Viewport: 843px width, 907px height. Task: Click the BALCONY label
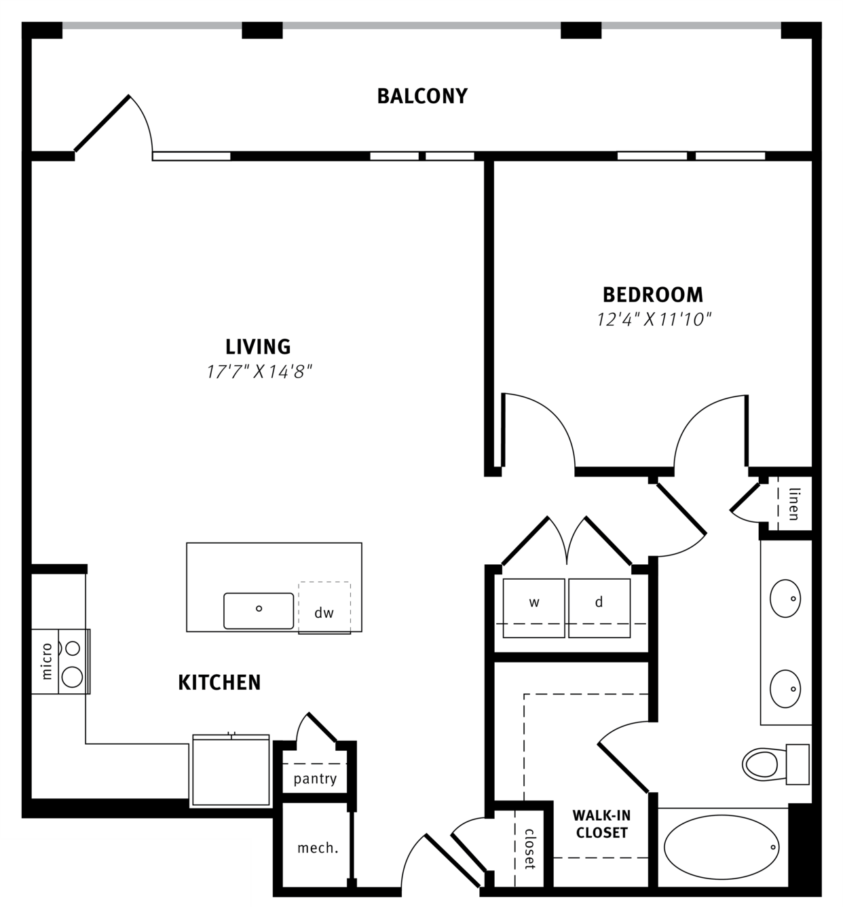[x=422, y=96]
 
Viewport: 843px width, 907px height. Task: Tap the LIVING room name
[x=258, y=347]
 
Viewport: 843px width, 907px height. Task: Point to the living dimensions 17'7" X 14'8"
[x=259, y=372]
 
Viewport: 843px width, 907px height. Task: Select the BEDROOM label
[x=652, y=295]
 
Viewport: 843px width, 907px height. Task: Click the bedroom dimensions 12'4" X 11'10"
[x=654, y=320]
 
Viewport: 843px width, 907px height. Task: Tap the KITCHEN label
[x=219, y=682]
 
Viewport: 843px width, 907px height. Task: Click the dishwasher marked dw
[x=324, y=608]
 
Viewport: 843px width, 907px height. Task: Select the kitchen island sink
[x=259, y=610]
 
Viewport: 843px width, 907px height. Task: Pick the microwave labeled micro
[x=45, y=661]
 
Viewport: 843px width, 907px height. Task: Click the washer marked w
[x=534, y=608]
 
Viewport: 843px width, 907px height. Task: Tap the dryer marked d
[x=599, y=608]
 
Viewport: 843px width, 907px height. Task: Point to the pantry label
[x=315, y=778]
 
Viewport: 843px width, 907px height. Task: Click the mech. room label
[x=318, y=848]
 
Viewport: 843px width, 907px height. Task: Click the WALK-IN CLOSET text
[x=601, y=824]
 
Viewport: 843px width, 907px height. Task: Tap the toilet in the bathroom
[x=775, y=764]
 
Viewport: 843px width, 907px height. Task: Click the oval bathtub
[x=722, y=847]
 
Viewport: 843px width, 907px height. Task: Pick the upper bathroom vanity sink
[x=785, y=598]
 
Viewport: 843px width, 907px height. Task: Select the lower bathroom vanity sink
[x=785, y=688]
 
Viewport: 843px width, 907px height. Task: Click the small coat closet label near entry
[x=529, y=849]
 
